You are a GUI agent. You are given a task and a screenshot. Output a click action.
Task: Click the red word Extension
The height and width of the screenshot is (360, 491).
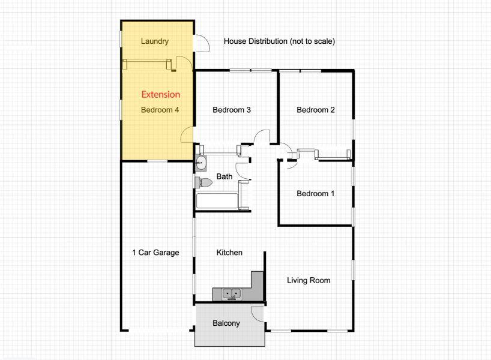point(161,95)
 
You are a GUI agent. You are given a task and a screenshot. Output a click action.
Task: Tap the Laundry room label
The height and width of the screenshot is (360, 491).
point(155,41)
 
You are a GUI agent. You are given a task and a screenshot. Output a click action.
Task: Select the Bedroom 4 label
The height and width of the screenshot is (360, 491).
point(160,110)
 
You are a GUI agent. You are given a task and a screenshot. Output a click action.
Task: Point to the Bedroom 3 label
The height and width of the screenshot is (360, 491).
point(232,110)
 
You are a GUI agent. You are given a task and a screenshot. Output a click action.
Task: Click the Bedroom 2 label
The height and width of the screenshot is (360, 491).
point(316,110)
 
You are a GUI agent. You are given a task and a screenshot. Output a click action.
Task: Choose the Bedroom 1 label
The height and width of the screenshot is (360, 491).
point(316,194)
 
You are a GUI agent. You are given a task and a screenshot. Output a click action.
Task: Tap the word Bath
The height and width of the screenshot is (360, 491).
point(224,176)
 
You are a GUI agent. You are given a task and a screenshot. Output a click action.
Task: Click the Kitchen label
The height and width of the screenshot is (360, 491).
point(229,253)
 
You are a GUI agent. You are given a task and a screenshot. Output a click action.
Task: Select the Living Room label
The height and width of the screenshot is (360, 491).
point(309,280)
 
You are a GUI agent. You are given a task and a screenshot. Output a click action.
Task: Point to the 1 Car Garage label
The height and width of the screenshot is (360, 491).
point(155,253)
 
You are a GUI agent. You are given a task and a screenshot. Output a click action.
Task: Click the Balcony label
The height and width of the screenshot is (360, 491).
point(226,323)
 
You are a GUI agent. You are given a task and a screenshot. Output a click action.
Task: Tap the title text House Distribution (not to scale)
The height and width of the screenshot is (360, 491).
point(279,41)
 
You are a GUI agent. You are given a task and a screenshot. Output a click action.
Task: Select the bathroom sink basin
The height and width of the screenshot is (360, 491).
point(200,163)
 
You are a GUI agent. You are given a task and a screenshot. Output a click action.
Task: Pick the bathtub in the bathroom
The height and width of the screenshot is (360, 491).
point(217,201)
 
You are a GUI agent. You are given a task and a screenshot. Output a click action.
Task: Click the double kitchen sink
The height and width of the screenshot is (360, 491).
point(232,294)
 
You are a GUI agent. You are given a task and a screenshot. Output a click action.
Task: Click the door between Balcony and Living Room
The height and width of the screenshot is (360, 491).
point(258,314)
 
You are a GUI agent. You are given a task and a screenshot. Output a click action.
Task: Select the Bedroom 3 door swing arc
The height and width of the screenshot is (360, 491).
point(262,136)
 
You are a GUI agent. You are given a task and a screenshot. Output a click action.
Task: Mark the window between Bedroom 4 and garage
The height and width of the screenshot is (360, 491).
point(157,161)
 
